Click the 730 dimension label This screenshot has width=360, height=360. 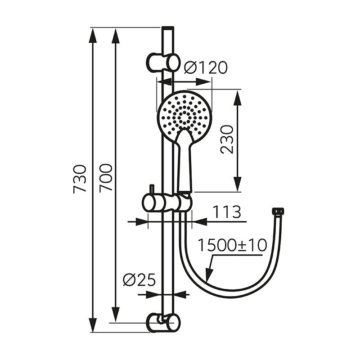pos(80,179)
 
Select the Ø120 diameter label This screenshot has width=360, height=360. pos(206,67)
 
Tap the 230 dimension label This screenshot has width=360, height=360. pos(227,139)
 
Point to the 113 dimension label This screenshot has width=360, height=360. pos(227,212)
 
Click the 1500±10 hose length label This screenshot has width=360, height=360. pos(232,245)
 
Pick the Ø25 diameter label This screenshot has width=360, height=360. pos(139,280)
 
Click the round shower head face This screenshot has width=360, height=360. pos(184,117)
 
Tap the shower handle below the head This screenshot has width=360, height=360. pos(184,161)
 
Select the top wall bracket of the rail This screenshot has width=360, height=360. pos(163,62)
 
